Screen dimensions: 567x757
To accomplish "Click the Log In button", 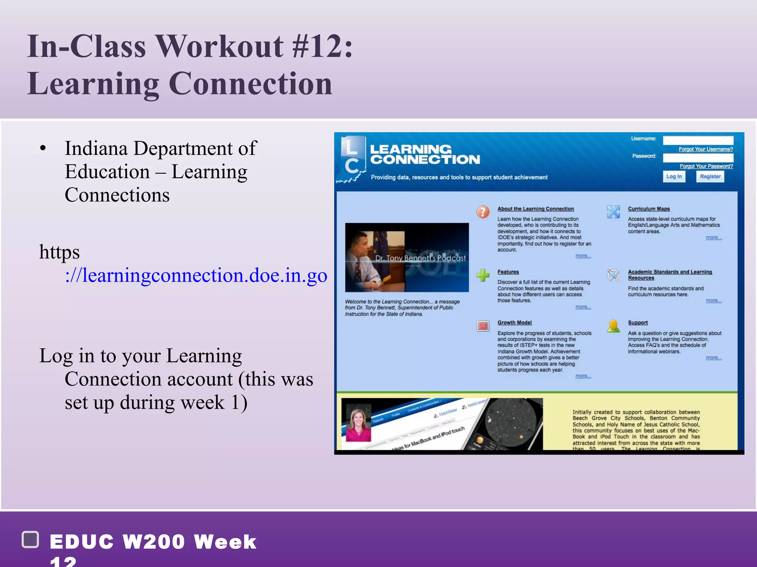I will [x=673, y=176].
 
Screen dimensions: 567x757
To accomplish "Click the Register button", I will [x=710, y=176].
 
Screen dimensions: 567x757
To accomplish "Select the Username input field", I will [x=698, y=140].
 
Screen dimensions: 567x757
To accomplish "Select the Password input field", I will [x=698, y=158].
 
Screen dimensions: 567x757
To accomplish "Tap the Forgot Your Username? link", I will [x=705, y=149].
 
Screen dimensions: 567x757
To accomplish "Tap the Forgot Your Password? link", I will [x=706, y=166].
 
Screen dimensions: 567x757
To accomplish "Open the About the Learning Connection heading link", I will [x=535, y=209].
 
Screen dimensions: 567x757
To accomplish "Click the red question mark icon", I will [x=483, y=212].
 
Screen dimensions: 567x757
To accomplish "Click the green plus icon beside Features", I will [x=483, y=275].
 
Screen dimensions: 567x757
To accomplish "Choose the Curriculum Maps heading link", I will [x=649, y=209].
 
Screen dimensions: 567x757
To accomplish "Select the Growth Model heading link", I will [x=514, y=323].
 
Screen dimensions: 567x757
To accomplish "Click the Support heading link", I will [x=638, y=323].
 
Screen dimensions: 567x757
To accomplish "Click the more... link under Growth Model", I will [x=583, y=376].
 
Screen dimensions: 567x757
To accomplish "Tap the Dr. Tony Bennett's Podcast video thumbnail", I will [x=407, y=257].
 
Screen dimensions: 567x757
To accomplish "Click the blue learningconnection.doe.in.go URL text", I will [x=196, y=276].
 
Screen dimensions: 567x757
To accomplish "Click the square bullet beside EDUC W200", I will [x=31, y=539].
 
